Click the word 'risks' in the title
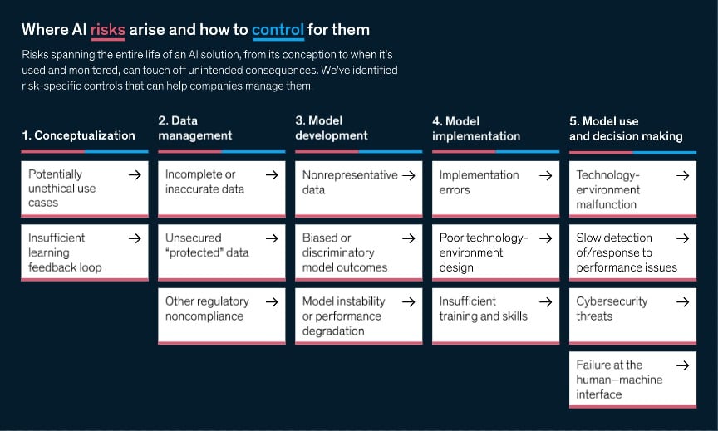108,30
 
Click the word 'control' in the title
278,30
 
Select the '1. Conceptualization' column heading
79,135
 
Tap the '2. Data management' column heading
195,128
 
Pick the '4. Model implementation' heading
476,128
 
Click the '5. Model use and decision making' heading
626,128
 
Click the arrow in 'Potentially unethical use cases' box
135,175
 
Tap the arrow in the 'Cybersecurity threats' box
682,302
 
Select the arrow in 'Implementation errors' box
545,175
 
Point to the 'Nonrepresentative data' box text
350,182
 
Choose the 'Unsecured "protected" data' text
207,245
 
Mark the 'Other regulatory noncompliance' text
207,308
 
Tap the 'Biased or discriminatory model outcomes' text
344,252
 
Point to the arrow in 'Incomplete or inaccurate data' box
271,175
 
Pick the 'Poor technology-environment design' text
483,252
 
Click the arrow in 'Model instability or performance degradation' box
408,302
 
